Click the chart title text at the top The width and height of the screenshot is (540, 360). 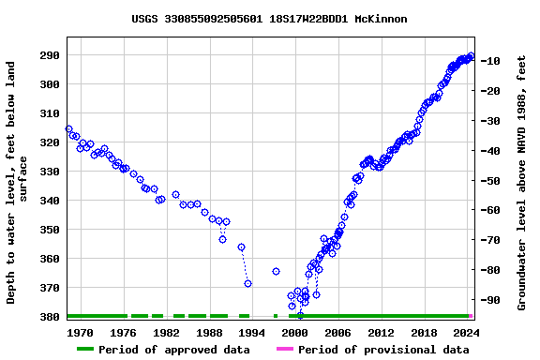click(269, 19)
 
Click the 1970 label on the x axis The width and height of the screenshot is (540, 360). click(81, 332)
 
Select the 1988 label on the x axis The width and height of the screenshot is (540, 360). click(209, 332)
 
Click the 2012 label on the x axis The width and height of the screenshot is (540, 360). click(381, 332)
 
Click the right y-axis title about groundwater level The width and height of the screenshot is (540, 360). click(522, 183)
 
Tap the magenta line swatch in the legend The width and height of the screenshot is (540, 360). click(285, 350)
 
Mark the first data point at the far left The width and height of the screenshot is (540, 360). click(68, 129)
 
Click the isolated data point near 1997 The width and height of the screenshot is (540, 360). click(276, 271)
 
